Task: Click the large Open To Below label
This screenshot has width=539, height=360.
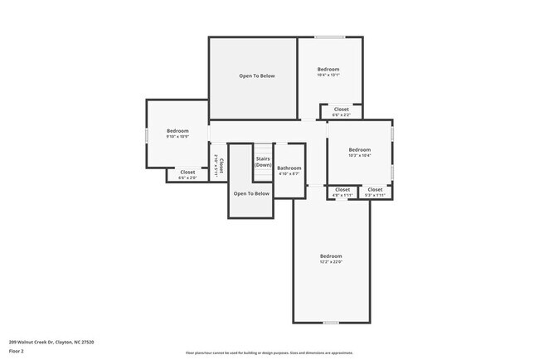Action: [257, 76]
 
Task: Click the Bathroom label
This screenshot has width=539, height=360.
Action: [289, 168]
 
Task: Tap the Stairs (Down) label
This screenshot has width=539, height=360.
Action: [263, 162]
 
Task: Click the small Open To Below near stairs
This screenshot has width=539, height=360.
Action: [251, 194]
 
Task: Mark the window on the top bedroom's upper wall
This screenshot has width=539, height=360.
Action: [329, 36]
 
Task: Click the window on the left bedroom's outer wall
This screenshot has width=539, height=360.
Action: [147, 134]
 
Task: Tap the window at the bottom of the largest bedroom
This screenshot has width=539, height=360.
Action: [331, 323]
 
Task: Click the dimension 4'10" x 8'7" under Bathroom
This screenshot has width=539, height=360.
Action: [289, 173]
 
